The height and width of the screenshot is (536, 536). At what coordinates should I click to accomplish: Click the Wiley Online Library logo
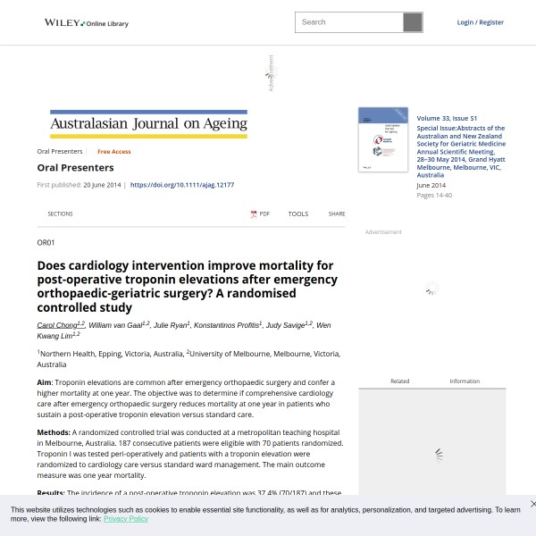coord(87,22)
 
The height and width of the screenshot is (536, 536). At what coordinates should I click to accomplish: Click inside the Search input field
coord(348,22)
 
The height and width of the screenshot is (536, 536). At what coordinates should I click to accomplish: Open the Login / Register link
coord(480,22)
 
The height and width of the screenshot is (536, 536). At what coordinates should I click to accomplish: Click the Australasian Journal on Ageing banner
coord(148,124)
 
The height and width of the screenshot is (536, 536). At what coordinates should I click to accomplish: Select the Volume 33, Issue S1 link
coord(447,118)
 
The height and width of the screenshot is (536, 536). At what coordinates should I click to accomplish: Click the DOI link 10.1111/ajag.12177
coord(182,185)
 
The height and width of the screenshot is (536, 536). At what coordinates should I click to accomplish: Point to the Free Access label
coord(114,152)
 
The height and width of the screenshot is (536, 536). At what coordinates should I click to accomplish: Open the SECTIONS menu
coord(60,214)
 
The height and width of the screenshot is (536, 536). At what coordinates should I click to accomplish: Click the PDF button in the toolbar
coord(260,214)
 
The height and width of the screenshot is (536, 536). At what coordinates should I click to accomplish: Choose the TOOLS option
coord(297,214)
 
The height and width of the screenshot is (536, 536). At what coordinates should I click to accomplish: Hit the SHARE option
coord(336,214)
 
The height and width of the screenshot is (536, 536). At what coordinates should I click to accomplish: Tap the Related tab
coord(399,381)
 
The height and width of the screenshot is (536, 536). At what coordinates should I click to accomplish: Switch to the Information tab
coord(465,381)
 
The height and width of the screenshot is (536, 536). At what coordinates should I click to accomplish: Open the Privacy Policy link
coord(126,519)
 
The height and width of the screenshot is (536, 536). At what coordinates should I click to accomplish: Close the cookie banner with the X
coord(532,504)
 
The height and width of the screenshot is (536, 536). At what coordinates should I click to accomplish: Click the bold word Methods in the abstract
coord(53,432)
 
